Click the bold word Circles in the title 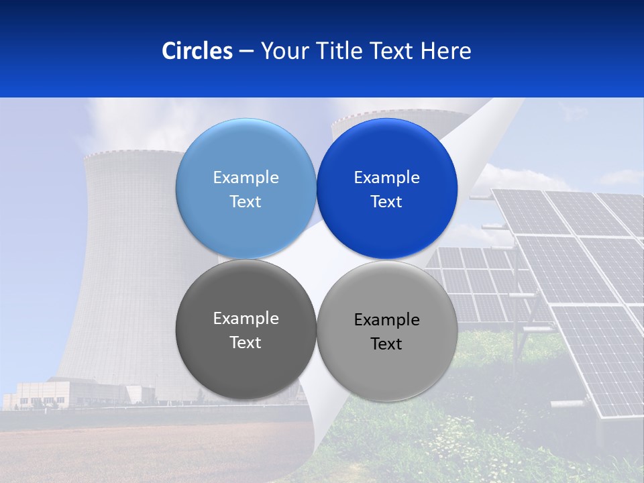pos(197,51)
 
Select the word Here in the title pos(446,51)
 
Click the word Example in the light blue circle pos(246,178)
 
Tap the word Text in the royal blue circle pos(386,202)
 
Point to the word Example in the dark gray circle pos(246,319)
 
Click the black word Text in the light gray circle pos(386,344)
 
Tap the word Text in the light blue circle pos(246,202)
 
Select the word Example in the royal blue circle pos(386,178)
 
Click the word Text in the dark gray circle pos(246,343)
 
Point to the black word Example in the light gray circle pos(386,320)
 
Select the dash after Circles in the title pos(246,51)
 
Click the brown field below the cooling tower pos(134,449)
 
